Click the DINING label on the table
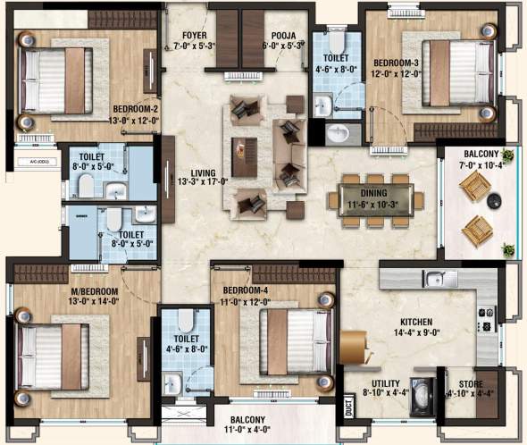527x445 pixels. click(x=374, y=203)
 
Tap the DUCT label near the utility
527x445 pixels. click(x=347, y=408)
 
